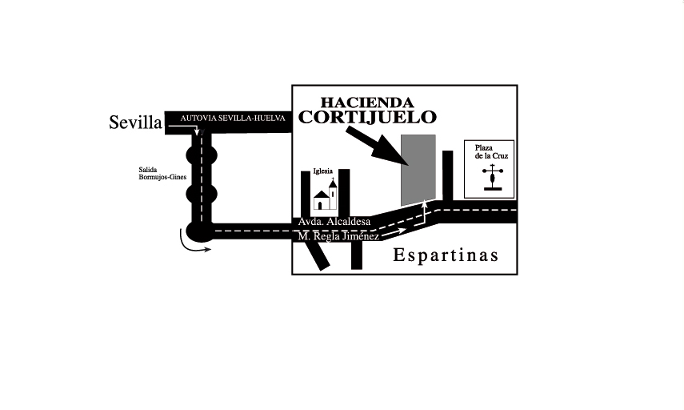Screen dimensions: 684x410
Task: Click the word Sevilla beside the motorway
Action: coord(135,123)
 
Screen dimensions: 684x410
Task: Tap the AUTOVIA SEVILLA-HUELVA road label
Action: coord(233,119)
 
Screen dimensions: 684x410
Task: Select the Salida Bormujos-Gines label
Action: coord(162,173)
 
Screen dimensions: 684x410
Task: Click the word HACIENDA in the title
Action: coord(367,102)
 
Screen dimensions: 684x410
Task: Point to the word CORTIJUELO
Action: coord(367,117)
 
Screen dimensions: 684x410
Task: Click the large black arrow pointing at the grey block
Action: coord(378,147)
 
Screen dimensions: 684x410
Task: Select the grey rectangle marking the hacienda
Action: coord(418,170)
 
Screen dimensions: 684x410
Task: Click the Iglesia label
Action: coord(323,171)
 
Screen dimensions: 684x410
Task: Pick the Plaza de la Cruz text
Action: coord(492,151)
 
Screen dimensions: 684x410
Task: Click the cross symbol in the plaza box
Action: coord(493,177)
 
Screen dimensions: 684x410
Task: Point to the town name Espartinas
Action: coord(446,255)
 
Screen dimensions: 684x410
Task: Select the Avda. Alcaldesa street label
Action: coord(334,222)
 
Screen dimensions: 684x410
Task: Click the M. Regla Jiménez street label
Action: coord(338,236)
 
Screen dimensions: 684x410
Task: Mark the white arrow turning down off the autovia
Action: coord(184,127)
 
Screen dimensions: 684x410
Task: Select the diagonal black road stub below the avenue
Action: coord(317,255)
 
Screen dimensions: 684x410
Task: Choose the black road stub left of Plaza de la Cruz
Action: coord(447,175)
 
